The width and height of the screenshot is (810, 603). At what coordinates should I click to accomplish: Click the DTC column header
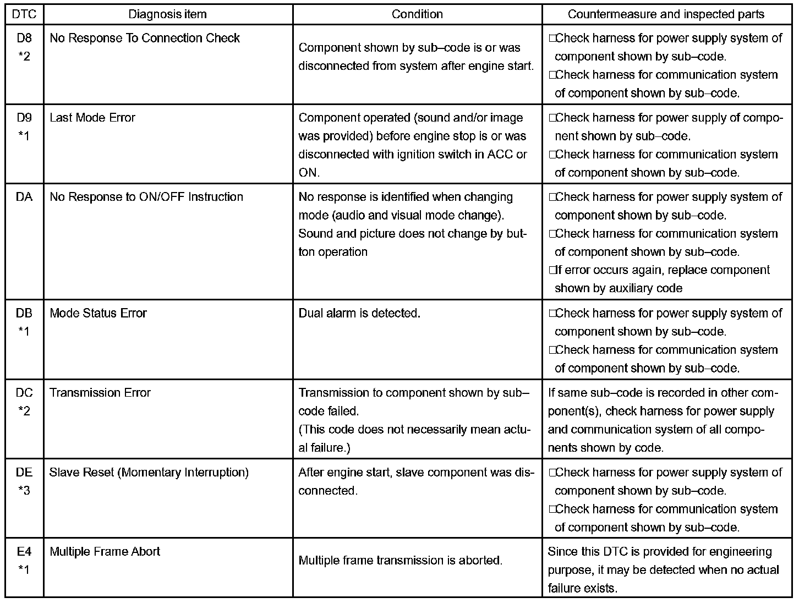pyautogui.click(x=24, y=14)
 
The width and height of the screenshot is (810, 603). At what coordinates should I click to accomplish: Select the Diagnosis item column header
pyautogui.click(x=167, y=14)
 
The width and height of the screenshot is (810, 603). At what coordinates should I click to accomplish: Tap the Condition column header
pyautogui.click(x=417, y=14)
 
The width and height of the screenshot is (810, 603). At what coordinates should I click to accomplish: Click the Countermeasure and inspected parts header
pyautogui.click(x=666, y=14)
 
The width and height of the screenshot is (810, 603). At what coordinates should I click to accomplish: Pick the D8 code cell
pyautogui.click(x=24, y=46)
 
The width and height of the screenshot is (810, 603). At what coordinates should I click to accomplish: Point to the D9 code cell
pyautogui.click(x=24, y=126)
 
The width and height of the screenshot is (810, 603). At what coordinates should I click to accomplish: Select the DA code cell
pyautogui.click(x=24, y=197)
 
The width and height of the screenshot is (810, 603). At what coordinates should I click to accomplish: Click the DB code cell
pyautogui.click(x=24, y=322)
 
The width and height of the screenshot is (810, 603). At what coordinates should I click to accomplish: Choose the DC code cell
pyautogui.click(x=24, y=402)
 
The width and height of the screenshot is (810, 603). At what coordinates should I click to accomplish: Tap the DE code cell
pyautogui.click(x=24, y=481)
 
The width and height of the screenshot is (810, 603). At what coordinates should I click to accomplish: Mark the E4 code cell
pyautogui.click(x=24, y=560)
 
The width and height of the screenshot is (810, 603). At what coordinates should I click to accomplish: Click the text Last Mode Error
pyautogui.click(x=92, y=118)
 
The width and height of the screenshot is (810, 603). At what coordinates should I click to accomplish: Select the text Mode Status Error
pyautogui.click(x=98, y=313)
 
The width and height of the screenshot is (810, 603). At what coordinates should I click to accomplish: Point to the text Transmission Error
pyautogui.click(x=100, y=393)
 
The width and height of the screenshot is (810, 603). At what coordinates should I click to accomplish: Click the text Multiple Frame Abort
pyautogui.click(x=105, y=551)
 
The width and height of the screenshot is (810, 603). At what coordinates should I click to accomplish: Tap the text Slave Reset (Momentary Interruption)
pyautogui.click(x=149, y=472)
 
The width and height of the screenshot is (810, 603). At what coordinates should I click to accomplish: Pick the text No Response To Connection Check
pyautogui.click(x=145, y=38)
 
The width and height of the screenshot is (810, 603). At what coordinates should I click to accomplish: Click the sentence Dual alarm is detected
pyautogui.click(x=359, y=313)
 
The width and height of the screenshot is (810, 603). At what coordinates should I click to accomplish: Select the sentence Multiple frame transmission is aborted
pyautogui.click(x=400, y=561)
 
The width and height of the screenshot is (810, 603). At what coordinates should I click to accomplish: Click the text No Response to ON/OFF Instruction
pyautogui.click(x=146, y=197)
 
